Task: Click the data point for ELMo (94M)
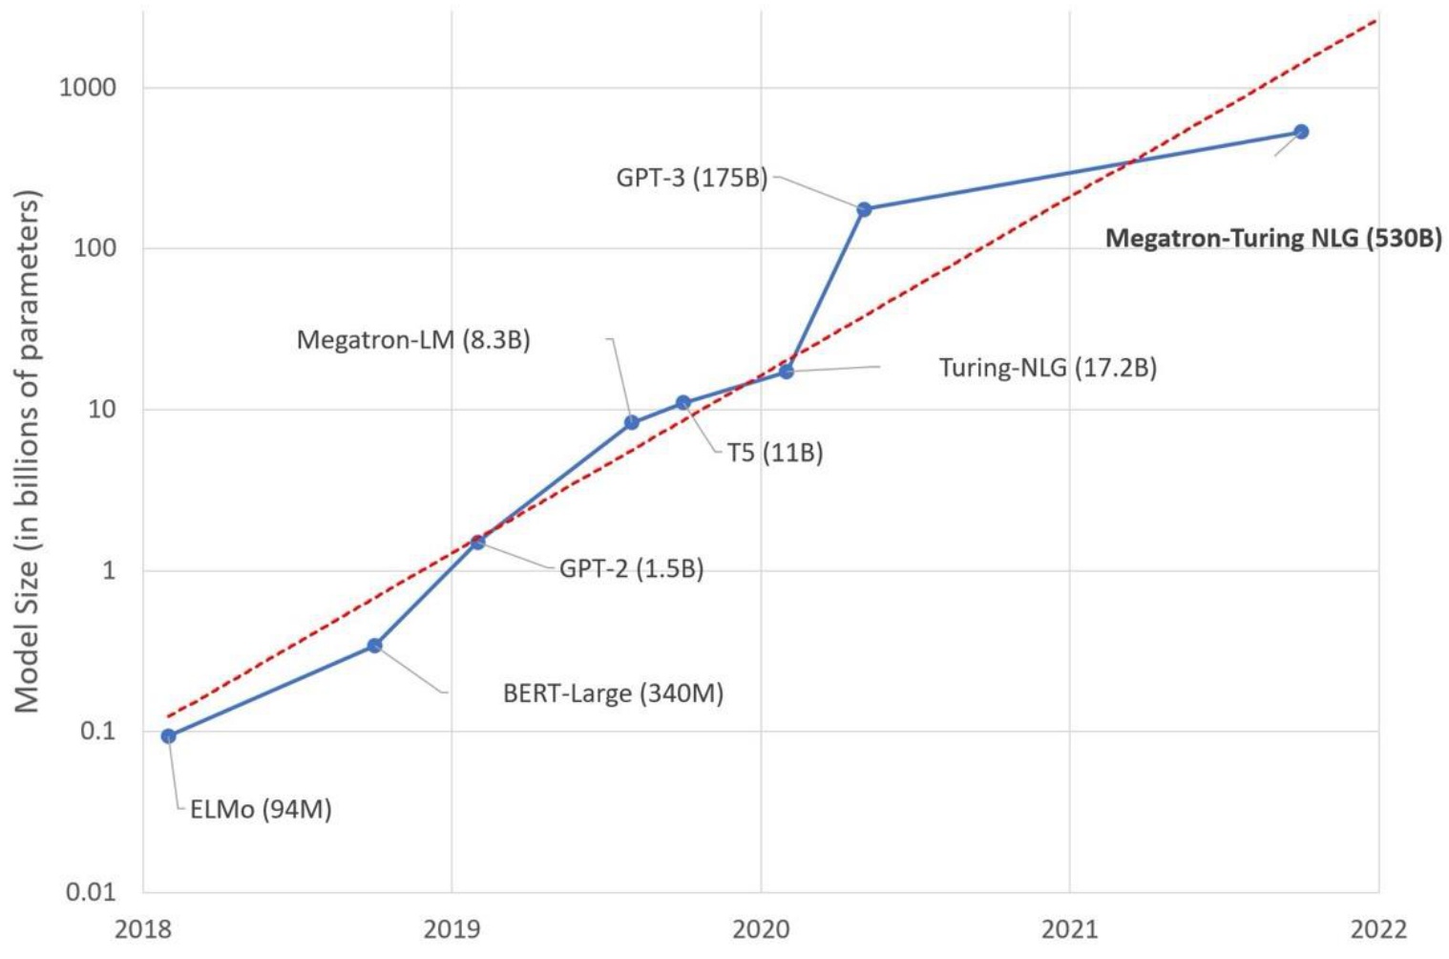[169, 735]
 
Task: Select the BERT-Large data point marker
[375, 646]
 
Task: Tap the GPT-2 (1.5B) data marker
[477, 542]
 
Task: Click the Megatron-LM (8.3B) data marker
[632, 422]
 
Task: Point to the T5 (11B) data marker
[683, 403]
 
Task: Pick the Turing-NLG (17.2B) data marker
[787, 371]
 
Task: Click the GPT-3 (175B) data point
[864, 209]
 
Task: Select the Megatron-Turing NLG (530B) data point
[1300, 132]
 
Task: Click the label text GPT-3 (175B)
[692, 178]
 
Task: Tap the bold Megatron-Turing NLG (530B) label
[1272, 238]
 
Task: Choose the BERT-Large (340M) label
[613, 693]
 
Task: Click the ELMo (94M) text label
[261, 809]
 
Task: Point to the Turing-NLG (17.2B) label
[1047, 368]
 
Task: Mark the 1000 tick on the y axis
[87, 88]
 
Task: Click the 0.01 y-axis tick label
[90, 892]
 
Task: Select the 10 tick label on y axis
[101, 410]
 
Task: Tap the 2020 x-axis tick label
[760, 929]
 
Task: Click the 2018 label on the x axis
[143, 929]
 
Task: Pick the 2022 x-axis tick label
[1377, 929]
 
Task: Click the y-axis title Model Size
[28, 451]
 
